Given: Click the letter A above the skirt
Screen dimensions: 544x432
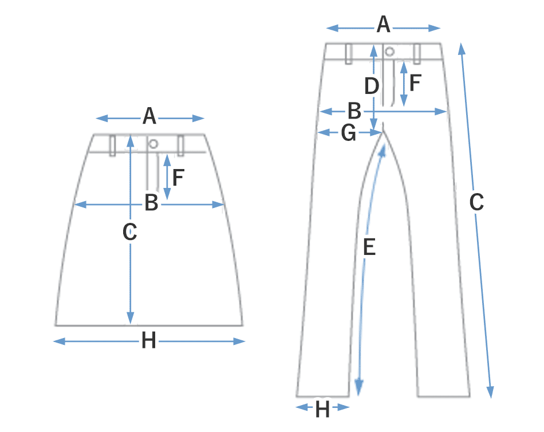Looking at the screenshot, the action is click(149, 116).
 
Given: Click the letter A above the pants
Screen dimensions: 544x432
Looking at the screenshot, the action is click(383, 24).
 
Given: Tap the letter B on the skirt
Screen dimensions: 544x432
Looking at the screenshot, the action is click(151, 202).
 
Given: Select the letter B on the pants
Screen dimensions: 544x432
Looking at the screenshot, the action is click(354, 111).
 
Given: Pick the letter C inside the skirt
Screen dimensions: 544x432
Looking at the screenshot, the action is click(130, 231).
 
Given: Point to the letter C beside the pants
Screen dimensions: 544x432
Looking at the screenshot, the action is click(476, 202).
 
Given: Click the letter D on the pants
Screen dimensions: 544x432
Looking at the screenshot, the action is click(372, 86).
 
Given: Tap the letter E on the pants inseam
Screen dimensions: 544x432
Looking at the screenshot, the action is click(369, 247).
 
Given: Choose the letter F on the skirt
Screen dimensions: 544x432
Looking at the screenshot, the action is click(178, 178).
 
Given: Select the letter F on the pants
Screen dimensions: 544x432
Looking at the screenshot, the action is click(415, 83).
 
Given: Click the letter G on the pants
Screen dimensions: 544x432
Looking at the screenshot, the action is click(348, 133).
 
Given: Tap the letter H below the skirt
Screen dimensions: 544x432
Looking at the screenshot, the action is click(148, 340).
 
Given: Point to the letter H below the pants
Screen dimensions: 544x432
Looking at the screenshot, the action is click(322, 409).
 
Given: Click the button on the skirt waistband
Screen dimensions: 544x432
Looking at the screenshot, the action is click(153, 143).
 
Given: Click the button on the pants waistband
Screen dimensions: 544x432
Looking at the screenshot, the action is click(389, 52).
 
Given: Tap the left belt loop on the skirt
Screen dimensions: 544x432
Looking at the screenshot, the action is click(112, 146).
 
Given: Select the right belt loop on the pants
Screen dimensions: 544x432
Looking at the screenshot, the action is click(417, 54).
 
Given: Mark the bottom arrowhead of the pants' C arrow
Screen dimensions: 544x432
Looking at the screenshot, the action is click(490, 392).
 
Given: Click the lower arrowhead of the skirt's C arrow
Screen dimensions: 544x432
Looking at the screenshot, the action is click(130, 318).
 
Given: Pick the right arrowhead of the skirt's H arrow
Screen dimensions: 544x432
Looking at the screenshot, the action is click(239, 341).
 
